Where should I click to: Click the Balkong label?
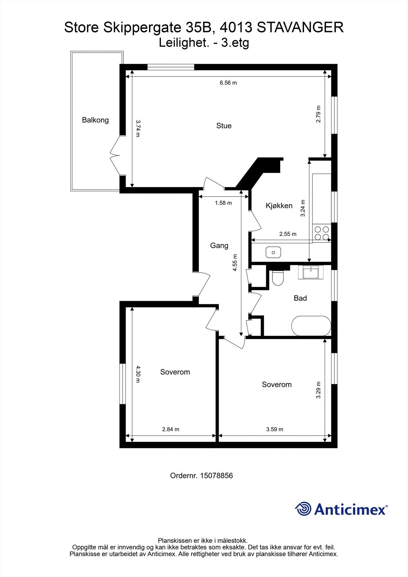[x=95, y=120]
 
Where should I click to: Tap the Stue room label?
[x=224, y=126]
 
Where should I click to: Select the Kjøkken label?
[x=279, y=206]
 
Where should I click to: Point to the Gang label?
[x=219, y=246]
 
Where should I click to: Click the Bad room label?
[x=300, y=298]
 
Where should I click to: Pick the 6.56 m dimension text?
[x=228, y=83]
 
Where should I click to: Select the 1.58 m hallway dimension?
[x=223, y=203]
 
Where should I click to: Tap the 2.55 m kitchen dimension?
[x=288, y=234]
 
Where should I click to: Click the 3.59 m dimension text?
[x=275, y=429]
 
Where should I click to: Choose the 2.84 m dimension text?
[x=170, y=429]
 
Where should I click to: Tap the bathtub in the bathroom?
[x=311, y=326]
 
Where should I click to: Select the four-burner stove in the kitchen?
[x=322, y=233]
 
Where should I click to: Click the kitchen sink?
[x=273, y=252]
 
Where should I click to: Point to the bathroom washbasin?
[x=311, y=272]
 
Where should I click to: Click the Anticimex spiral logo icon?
[x=303, y=509]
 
